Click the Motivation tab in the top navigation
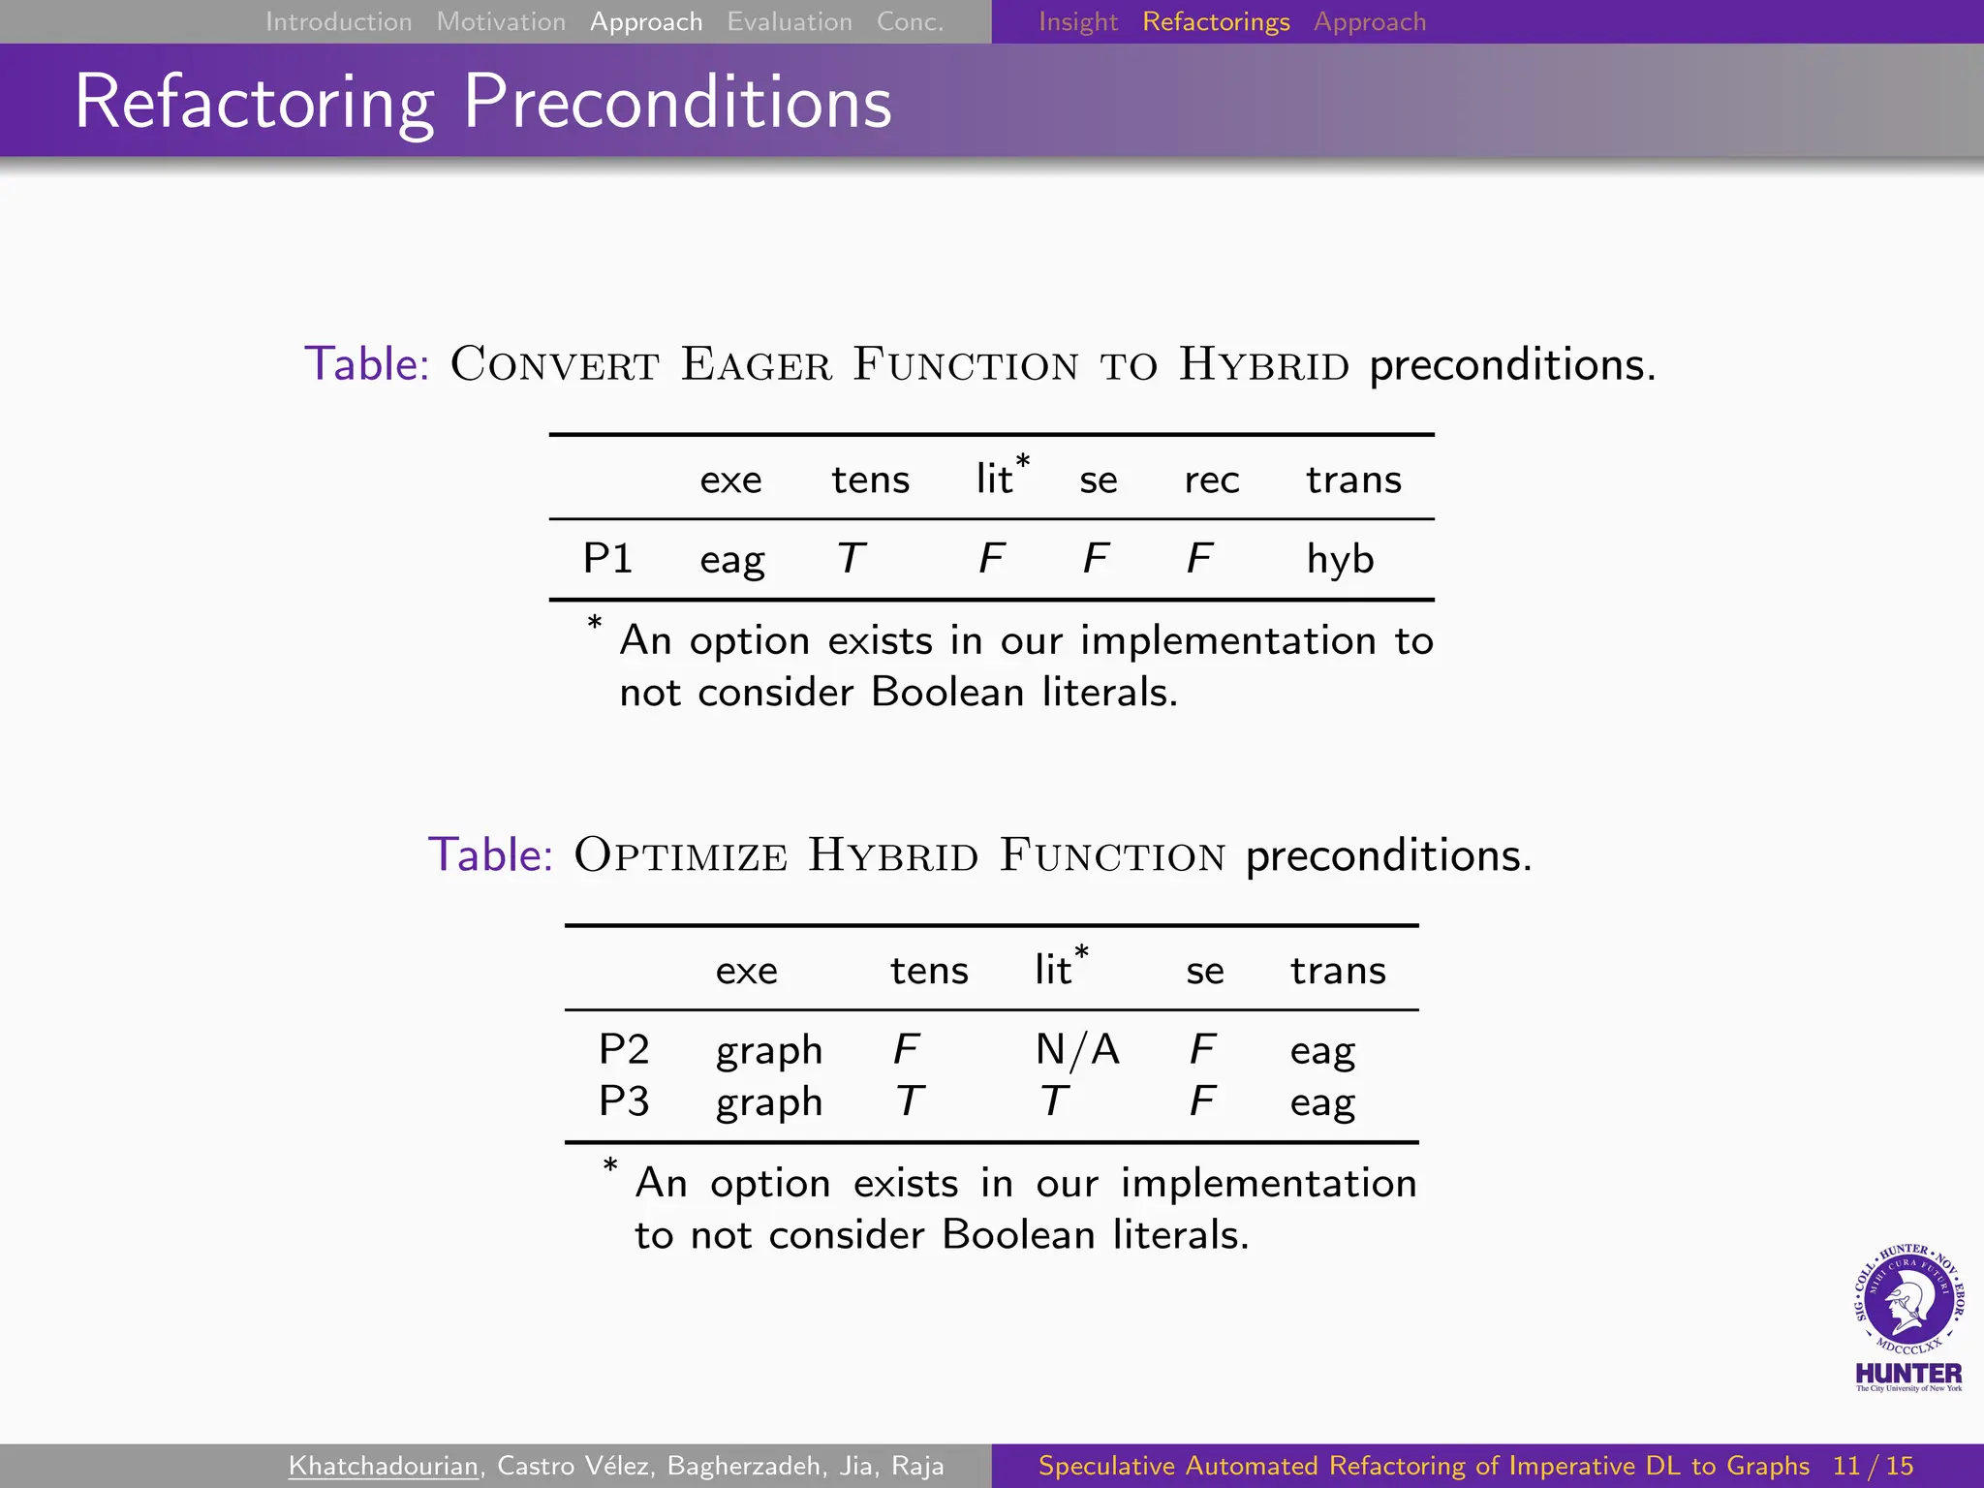(501, 21)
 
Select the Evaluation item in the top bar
(790, 21)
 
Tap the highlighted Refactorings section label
(1216, 21)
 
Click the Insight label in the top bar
(1078, 21)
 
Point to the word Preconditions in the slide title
(677, 102)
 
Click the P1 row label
(607, 558)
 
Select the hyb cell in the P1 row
(1340, 559)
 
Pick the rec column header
(1211, 480)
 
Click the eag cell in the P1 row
(732, 560)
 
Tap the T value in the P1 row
(851, 558)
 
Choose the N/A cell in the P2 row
(1077, 1049)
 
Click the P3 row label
(624, 1101)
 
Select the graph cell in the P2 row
(769, 1050)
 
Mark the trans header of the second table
(1338, 971)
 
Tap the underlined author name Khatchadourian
(384, 1466)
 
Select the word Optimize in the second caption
(680, 855)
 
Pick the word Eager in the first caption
(756, 365)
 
